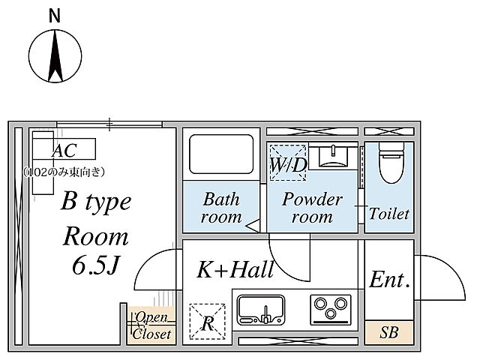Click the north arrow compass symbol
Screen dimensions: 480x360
55,56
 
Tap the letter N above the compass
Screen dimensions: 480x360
55,16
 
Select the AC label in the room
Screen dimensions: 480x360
64,150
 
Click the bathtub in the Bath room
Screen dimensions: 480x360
221,154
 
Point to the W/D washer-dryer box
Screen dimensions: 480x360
288,163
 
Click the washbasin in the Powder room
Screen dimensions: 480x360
333,156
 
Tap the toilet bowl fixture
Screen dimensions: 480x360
390,163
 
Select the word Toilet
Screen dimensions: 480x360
389,213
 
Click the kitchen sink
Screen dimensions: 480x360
261,310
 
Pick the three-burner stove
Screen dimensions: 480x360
331,310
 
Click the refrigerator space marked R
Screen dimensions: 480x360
207,322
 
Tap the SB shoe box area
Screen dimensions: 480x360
389,332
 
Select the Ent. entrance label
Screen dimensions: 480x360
389,280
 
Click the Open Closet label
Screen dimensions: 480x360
151,325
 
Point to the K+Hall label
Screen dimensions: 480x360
235,269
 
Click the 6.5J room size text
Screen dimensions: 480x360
95,265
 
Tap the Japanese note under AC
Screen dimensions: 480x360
64,172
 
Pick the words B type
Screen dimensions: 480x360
96,202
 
